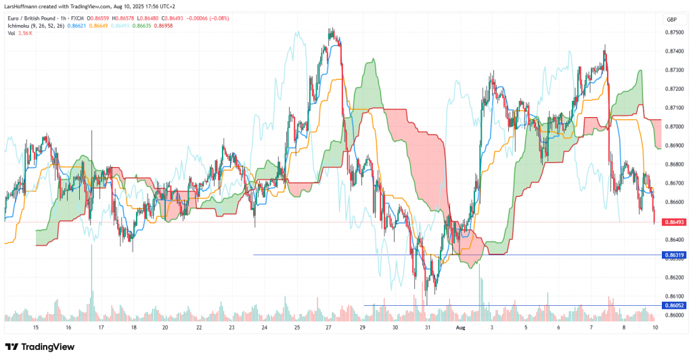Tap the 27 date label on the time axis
(328, 327)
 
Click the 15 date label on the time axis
(36, 327)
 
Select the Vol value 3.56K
(25, 33)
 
